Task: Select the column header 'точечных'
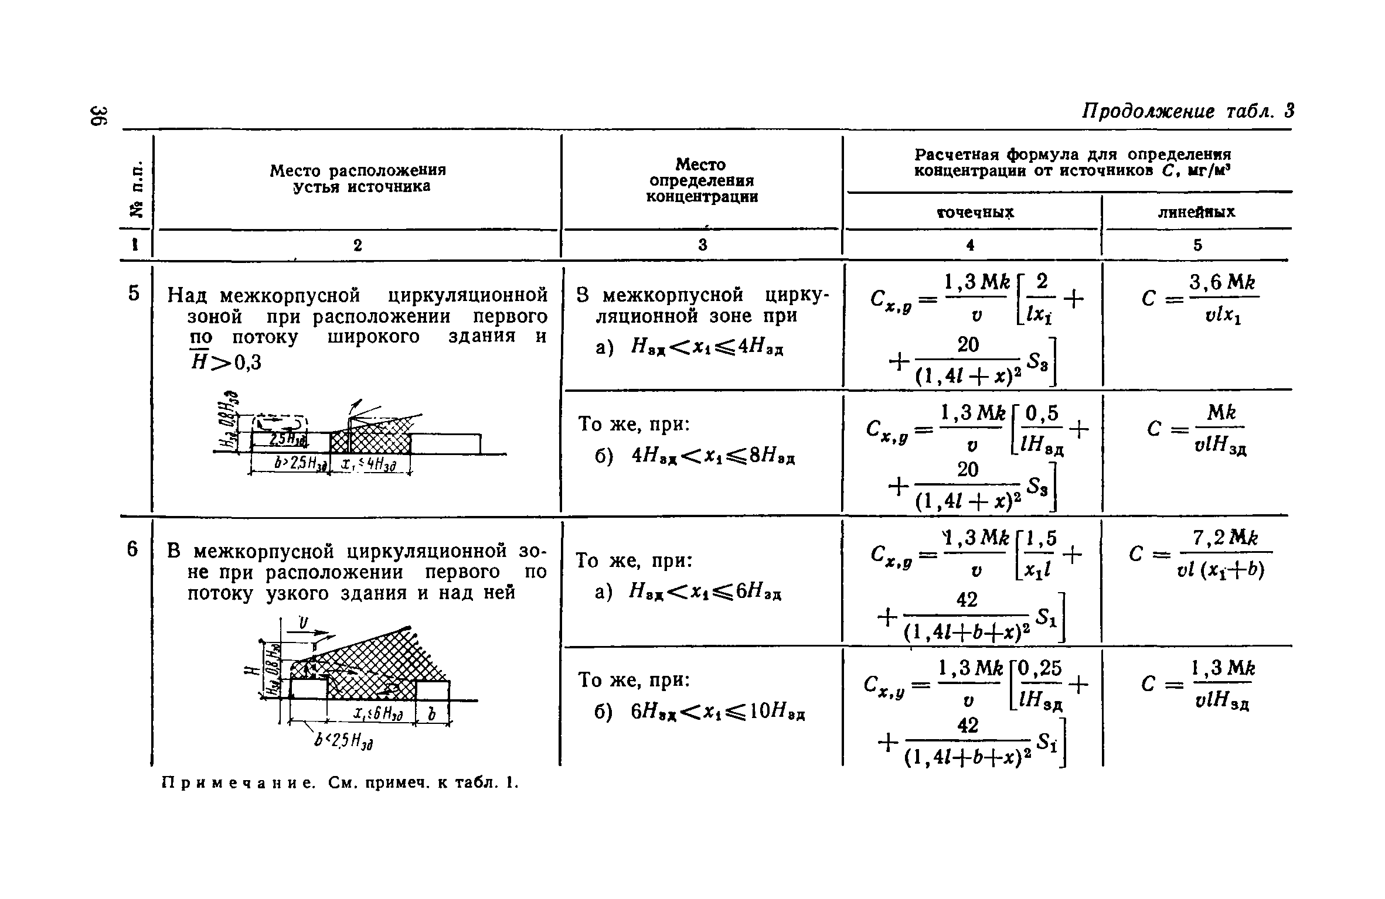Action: (x=975, y=212)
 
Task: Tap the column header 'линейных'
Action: (x=1197, y=212)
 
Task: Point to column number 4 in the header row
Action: (x=971, y=245)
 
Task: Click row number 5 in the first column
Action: (x=135, y=293)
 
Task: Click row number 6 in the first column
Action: (x=133, y=549)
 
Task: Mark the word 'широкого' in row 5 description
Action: (x=373, y=337)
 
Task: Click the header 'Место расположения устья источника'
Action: (x=358, y=178)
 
